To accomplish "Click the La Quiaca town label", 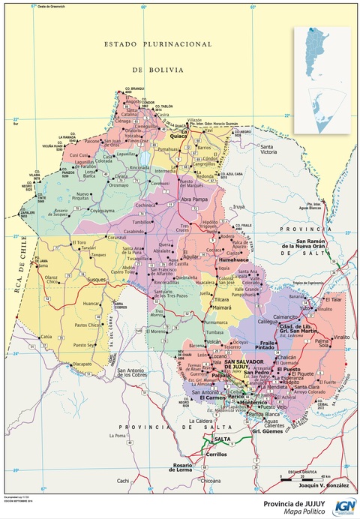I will pos(178,136).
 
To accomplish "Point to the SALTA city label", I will pos(222,439).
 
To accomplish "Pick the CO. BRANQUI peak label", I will pos(134,89).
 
